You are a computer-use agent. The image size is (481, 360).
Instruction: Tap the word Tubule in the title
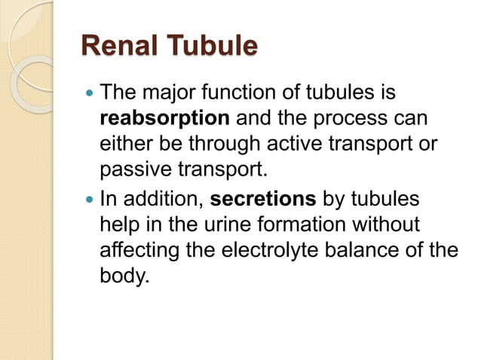[210, 46]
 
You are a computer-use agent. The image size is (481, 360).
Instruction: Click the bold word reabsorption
[165, 119]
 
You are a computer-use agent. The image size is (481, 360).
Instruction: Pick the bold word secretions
[263, 201]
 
